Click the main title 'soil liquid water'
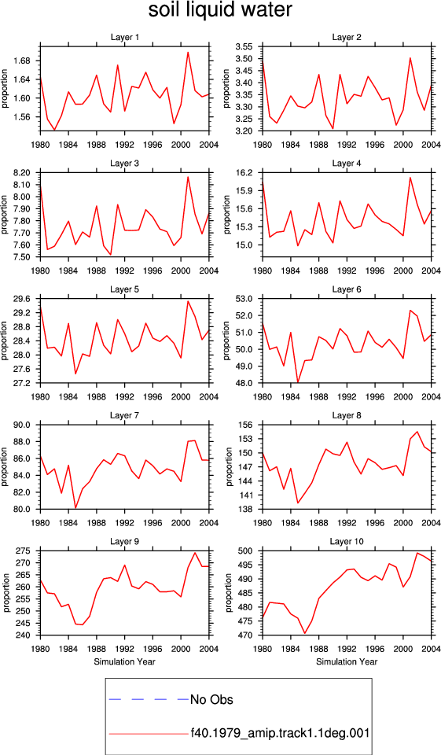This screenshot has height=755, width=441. (x=220, y=9)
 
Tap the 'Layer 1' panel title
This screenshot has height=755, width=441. (x=124, y=38)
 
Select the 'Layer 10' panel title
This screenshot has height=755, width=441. (x=347, y=542)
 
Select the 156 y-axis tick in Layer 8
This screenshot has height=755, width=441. (x=253, y=425)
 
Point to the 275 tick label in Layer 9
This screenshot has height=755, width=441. (x=30, y=551)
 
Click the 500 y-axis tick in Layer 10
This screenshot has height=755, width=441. (x=253, y=551)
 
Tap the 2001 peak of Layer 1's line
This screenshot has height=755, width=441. (x=188, y=52)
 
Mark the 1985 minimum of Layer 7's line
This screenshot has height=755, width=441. (x=75, y=507)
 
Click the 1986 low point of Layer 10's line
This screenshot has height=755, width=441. (x=305, y=633)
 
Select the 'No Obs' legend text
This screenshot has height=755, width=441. (x=211, y=699)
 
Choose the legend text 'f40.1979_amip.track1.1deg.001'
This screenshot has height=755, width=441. (x=280, y=733)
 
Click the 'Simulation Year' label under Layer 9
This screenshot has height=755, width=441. (x=124, y=662)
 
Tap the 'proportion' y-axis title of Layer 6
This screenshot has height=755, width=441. (x=226, y=341)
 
